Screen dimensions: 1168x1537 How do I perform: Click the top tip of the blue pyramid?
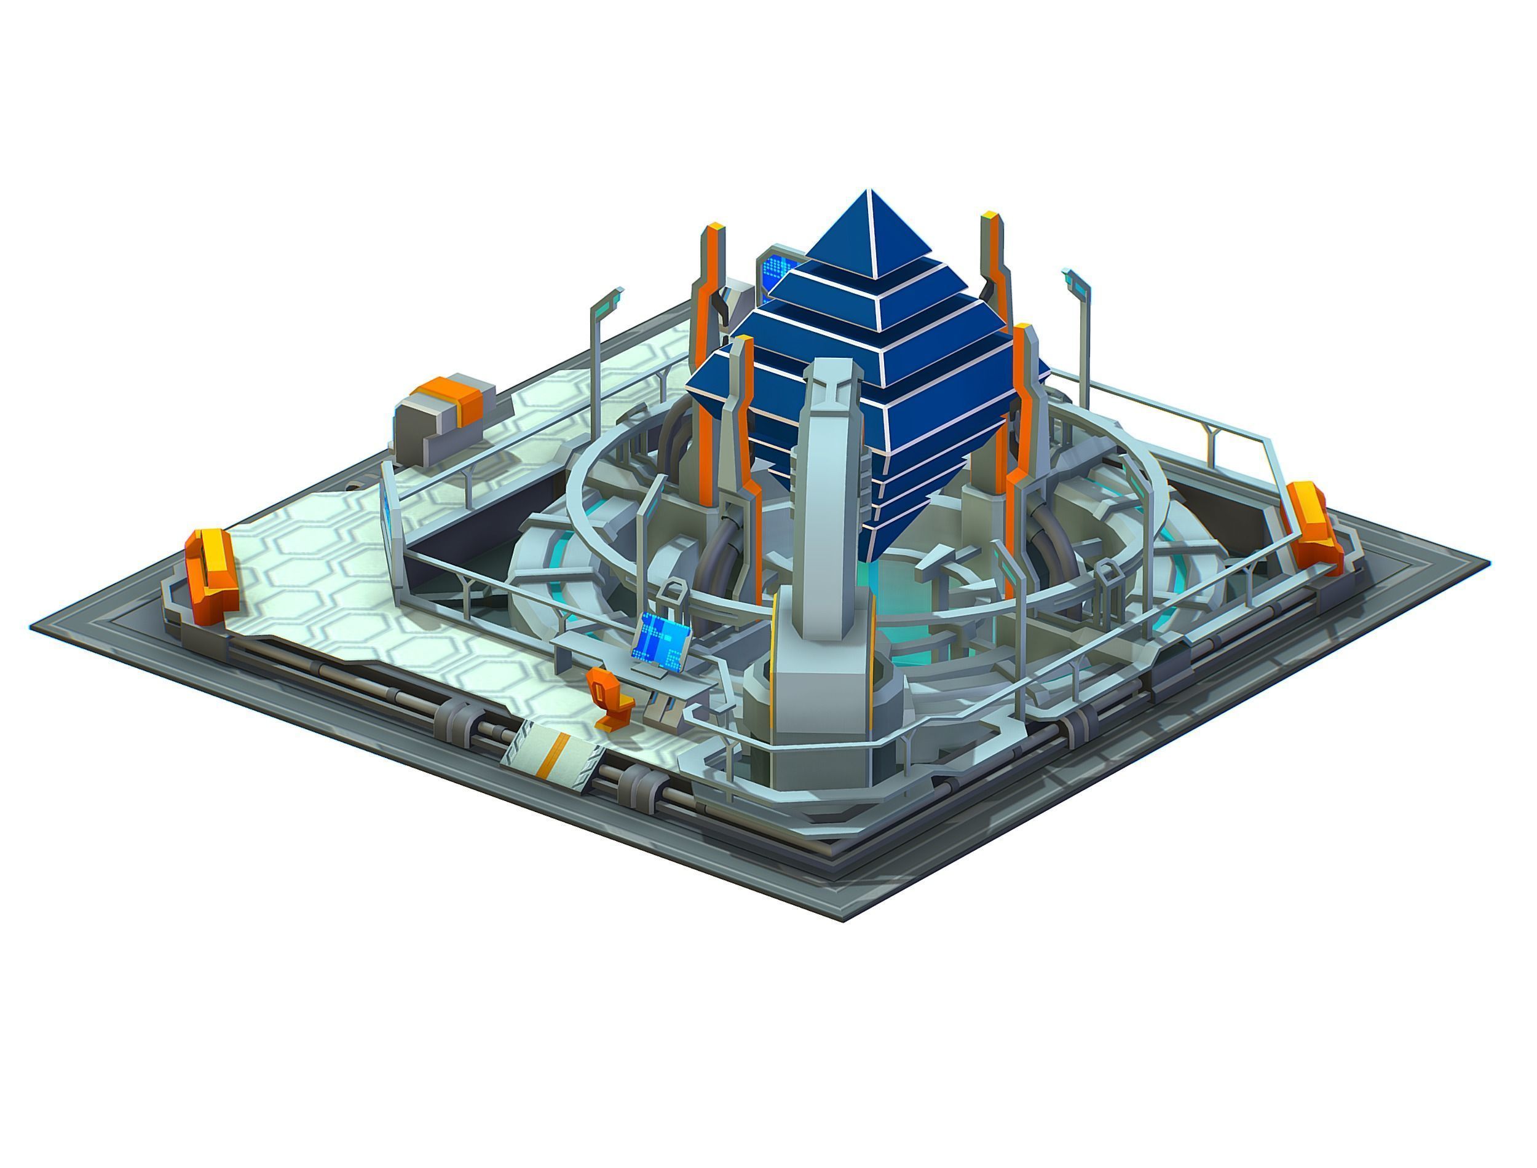[867, 191]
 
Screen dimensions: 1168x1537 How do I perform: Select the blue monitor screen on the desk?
[660, 636]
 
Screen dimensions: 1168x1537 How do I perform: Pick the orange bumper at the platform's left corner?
[211, 574]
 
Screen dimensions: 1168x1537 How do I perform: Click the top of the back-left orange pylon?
[714, 229]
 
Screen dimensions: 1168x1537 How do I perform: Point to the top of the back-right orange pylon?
[990, 218]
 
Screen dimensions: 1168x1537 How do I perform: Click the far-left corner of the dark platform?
[32, 628]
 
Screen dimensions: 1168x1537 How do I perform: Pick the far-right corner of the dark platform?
[1488, 561]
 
